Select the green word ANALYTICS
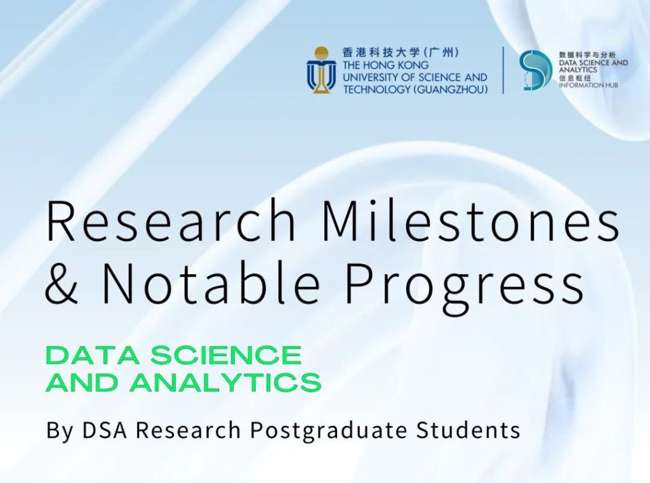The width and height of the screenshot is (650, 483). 225,382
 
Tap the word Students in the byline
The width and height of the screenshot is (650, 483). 468,430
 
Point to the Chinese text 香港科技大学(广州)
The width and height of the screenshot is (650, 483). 401,53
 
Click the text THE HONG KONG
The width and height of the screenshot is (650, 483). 385,65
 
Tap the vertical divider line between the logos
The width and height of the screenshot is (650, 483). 503,70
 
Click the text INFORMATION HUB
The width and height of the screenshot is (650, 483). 588,85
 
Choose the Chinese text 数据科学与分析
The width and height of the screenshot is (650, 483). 587,55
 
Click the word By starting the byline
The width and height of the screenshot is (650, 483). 60,431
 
